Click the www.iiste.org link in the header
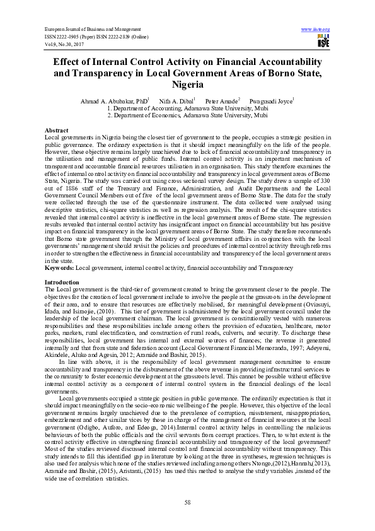click(x=316, y=30)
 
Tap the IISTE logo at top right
click(x=323, y=42)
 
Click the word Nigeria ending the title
click(x=187, y=85)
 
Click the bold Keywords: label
click(x=59, y=268)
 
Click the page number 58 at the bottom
click(x=187, y=502)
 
